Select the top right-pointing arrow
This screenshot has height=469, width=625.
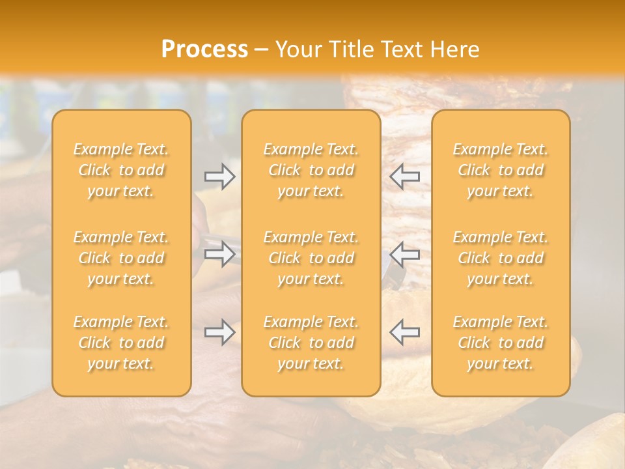click(219, 177)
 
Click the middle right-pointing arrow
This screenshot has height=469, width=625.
click(219, 254)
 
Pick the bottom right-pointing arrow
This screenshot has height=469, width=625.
click(219, 332)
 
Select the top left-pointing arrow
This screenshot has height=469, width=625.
click(405, 176)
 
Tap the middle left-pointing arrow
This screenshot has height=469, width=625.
click(405, 254)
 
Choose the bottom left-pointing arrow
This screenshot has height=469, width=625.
click(405, 332)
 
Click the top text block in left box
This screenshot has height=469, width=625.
click(121, 170)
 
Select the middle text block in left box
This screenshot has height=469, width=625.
click(121, 258)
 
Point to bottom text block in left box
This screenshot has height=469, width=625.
click(121, 343)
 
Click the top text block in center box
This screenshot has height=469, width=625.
click(311, 170)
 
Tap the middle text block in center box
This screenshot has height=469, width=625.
click(311, 258)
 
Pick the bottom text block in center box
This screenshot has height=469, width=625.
click(311, 343)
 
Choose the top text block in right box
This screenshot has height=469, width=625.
click(500, 170)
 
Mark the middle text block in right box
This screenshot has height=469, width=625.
click(500, 258)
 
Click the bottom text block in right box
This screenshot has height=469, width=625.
click(500, 343)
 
